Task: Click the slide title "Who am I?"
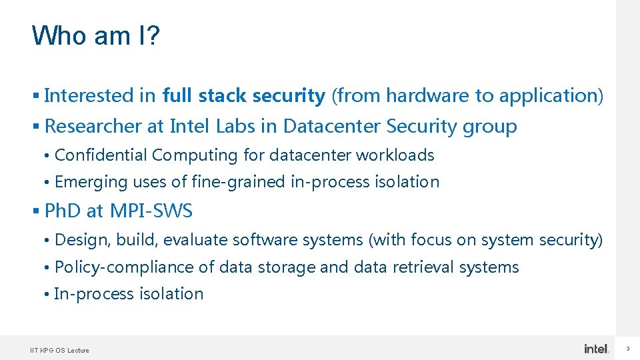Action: tap(95, 35)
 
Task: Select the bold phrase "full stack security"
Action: tap(243, 96)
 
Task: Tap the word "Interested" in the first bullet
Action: tap(89, 96)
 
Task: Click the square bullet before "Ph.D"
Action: tap(36, 211)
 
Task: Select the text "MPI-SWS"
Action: tap(151, 211)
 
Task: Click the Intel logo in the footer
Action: tap(596, 349)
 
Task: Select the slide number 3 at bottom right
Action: tap(627, 349)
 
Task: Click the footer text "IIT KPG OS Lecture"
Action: tap(59, 350)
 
